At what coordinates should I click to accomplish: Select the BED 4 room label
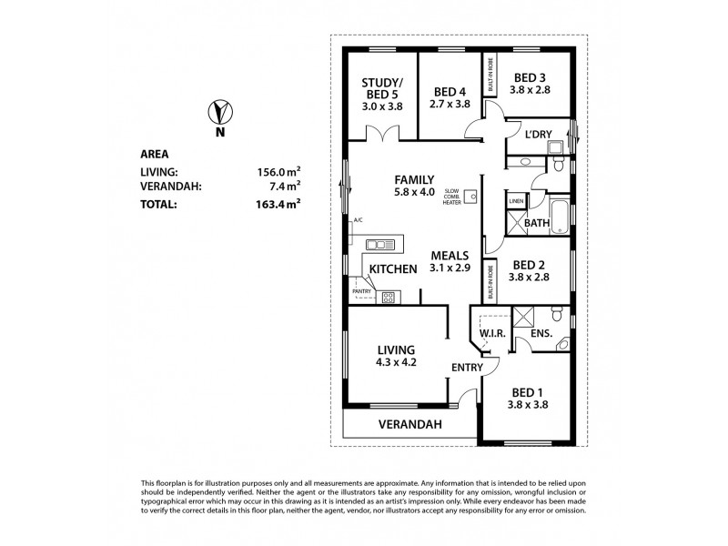[x=450, y=91]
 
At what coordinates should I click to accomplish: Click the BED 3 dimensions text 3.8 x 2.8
[x=531, y=91]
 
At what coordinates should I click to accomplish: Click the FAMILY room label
[x=414, y=179]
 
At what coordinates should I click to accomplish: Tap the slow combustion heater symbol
[x=470, y=196]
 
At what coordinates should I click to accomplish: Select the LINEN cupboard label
[x=516, y=201]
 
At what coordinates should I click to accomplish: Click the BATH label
[x=536, y=222]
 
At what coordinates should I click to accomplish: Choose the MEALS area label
[x=450, y=256]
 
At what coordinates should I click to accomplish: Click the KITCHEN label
[x=393, y=268]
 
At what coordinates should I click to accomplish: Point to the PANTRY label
[x=363, y=290]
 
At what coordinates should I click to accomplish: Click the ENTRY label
[x=467, y=367]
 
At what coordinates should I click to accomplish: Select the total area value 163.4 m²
[x=278, y=205]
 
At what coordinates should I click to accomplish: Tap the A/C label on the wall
[x=359, y=220]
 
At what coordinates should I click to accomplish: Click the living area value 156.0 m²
[x=278, y=170]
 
